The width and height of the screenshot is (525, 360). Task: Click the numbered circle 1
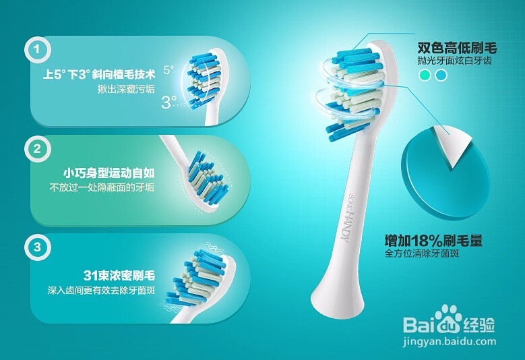click(37, 50)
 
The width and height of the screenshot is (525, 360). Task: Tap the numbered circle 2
click(37, 149)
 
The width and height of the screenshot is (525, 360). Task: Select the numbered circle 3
click(37, 248)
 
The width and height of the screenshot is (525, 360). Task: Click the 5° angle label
click(168, 69)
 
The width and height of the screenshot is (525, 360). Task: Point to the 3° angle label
click(169, 102)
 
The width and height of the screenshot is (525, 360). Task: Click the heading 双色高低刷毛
click(457, 49)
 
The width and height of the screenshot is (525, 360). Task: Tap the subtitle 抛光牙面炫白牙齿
click(454, 61)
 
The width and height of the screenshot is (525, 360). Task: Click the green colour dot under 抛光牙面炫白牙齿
click(425, 76)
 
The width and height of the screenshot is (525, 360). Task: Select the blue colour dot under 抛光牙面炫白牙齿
click(441, 76)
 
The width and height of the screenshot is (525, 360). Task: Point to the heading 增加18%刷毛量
click(433, 241)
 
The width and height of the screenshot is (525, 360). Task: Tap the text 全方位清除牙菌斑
click(421, 253)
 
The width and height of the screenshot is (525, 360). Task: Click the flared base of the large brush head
click(337, 298)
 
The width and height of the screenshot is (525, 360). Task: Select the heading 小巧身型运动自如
click(109, 173)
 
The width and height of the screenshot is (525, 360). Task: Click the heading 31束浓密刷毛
click(119, 276)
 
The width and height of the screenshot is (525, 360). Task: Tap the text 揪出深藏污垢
click(126, 90)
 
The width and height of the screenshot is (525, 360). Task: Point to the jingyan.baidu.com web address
click(450, 342)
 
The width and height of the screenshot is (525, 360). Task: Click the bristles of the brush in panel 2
click(208, 179)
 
